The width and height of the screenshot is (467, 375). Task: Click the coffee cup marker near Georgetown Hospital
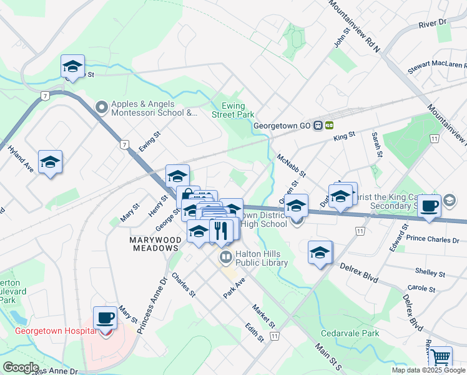pyautogui.click(x=106, y=319)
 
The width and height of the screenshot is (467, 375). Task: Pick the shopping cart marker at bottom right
pyautogui.click(x=440, y=357)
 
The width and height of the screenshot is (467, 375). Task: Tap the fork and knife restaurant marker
pyautogui.click(x=220, y=231)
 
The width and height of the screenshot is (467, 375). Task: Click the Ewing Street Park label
pyautogui.click(x=232, y=111)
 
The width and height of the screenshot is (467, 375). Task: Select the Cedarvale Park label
pyautogui.click(x=350, y=334)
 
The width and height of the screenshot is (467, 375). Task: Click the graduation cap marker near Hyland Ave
pyautogui.click(x=50, y=163)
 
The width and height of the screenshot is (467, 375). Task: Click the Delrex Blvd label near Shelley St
pyautogui.click(x=358, y=272)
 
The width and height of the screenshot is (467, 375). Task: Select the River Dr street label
pyautogui.click(x=434, y=23)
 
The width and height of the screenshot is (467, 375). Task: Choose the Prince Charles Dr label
pyautogui.click(x=432, y=239)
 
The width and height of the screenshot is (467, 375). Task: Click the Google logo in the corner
pyautogui.click(x=21, y=367)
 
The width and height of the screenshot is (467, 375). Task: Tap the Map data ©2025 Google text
pyautogui.click(x=428, y=370)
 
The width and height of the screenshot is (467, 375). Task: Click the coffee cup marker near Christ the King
pyautogui.click(x=429, y=206)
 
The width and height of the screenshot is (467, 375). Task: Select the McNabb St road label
pyautogui.click(x=290, y=166)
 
